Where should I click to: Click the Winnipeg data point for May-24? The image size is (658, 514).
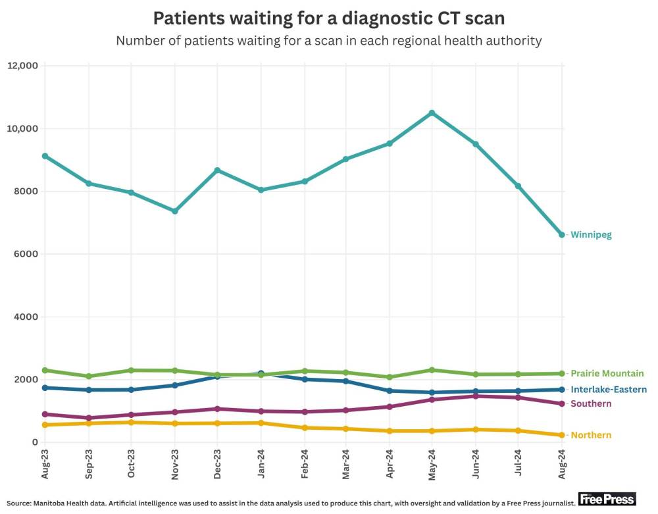coord(432,113)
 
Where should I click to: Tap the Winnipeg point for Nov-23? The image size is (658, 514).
coord(175,211)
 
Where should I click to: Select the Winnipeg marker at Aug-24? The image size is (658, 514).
coord(561,234)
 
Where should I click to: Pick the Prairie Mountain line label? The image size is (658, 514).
coord(607,373)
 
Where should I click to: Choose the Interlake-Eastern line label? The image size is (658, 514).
coord(609,390)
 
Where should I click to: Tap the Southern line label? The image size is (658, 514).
coord(591,403)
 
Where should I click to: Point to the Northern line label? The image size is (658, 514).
coord(591,435)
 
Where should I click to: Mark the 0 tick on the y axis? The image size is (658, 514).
coord(34,442)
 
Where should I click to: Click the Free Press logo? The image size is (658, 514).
coord(607,500)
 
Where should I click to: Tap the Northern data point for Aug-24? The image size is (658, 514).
coord(561,435)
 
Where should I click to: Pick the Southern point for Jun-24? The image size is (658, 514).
coord(476,396)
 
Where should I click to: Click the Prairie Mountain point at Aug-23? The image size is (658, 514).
coord(45,371)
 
